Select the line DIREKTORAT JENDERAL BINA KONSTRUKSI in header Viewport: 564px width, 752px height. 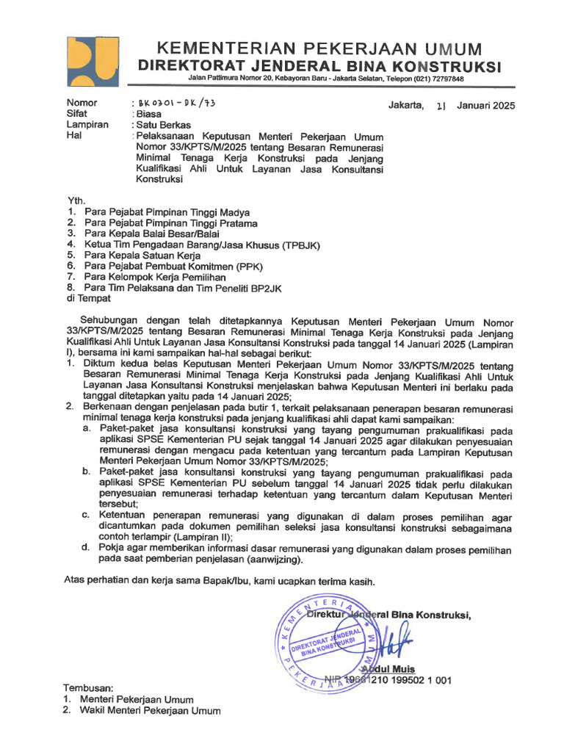click(x=320, y=67)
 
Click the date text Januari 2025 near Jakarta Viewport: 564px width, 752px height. click(x=485, y=105)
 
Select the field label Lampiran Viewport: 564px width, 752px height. click(x=87, y=125)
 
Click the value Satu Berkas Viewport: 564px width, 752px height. click(x=161, y=125)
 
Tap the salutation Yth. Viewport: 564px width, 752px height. click(x=76, y=200)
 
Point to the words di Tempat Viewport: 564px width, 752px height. click(x=89, y=298)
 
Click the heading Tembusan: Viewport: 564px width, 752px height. click(x=89, y=688)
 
